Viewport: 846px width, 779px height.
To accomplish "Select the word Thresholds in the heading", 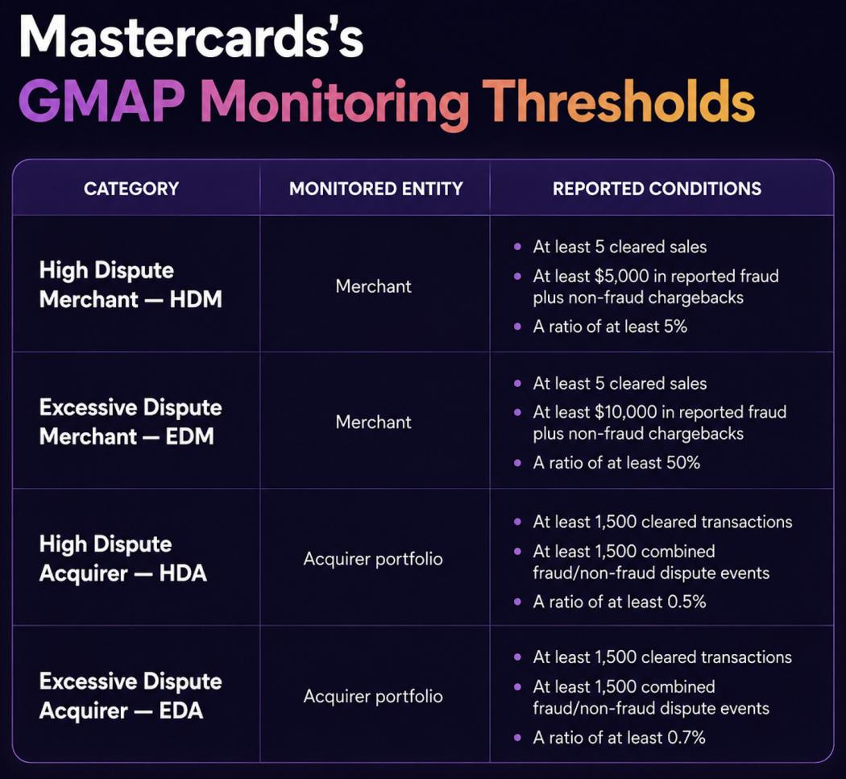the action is tap(618, 101).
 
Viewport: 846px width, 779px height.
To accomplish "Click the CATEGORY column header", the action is tap(131, 189).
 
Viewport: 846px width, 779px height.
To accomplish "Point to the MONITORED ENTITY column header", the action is tap(376, 189).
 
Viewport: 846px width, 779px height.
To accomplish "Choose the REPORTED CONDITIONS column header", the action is tap(657, 189).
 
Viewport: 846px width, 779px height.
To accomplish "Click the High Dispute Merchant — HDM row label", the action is tap(131, 285).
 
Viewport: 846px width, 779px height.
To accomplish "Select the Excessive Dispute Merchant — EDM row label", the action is tap(131, 422).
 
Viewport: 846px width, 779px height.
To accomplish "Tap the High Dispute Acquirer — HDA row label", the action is tap(123, 559).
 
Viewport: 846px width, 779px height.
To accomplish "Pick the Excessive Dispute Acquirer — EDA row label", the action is tap(131, 696).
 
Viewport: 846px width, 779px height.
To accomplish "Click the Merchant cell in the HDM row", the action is tap(373, 286).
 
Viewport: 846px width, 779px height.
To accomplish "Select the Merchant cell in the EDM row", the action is tap(373, 423).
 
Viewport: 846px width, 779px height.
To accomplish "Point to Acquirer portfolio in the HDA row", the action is tap(373, 560).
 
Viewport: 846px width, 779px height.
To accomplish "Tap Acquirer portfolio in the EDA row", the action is tap(373, 697).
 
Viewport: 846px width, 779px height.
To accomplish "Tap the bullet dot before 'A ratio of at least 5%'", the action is tap(518, 327).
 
